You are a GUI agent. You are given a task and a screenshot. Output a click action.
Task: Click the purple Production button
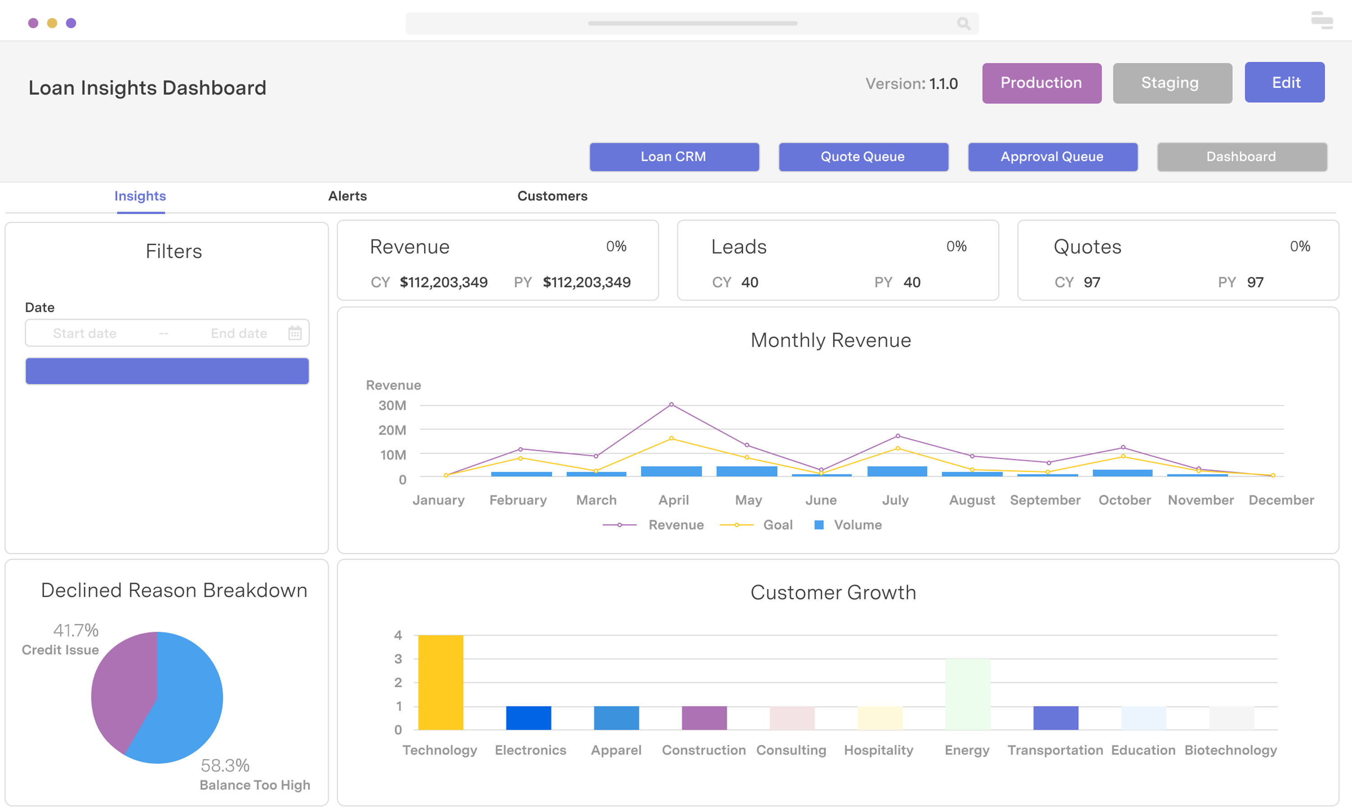[1041, 83]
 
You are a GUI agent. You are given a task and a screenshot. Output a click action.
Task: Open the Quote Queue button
[863, 157]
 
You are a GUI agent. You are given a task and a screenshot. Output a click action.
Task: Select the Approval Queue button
[1052, 157]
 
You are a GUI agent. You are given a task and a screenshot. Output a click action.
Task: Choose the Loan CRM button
[673, 157]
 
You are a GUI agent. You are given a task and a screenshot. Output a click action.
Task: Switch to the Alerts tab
[347, 196]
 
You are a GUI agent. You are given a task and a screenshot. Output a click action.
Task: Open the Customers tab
[552, 196]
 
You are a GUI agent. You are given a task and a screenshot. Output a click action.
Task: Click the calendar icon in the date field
[295, 333]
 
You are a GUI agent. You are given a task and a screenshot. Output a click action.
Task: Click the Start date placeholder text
[85, 333]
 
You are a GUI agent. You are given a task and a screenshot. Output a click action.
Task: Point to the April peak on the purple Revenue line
[671, 405]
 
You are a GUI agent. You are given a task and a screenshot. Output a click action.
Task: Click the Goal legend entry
[776, 524]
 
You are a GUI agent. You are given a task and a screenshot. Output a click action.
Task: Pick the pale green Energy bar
[967, 694]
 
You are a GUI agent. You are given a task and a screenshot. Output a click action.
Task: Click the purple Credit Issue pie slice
[123, 688]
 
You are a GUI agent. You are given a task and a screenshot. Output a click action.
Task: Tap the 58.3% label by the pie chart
[224, 765]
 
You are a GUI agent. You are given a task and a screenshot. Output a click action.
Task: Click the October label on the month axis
[1124, 500]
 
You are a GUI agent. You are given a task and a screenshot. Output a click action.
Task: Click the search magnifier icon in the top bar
[963, 23]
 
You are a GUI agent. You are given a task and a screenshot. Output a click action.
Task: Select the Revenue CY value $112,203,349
[443, 282]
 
